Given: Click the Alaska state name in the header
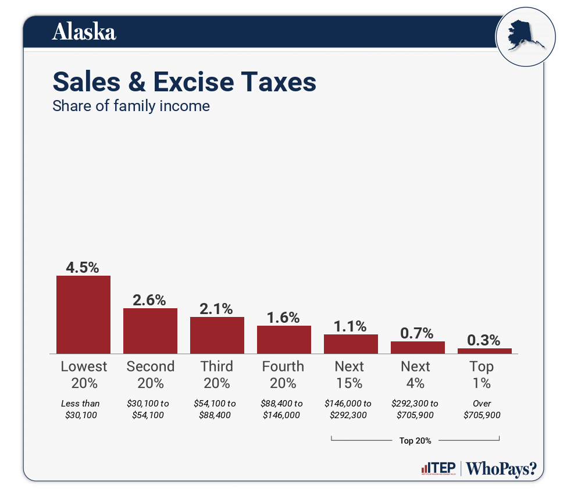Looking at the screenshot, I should pyautogui.click(x=84, y=32).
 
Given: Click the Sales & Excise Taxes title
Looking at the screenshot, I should pyautogui.click(x=184, y=82).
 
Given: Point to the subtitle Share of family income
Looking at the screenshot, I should pyautogui.click(x=131, y=106).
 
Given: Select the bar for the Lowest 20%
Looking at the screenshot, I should pyautogui.click(x=83, y=314).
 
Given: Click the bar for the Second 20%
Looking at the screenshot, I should pyautogui.click(x=150, y=330).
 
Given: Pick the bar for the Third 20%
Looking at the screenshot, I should pyautogui.click(x=217, y=335).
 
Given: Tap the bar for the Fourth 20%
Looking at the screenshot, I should pyautogui.click(x=284, y=339).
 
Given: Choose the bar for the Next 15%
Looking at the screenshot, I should pyautogui.click(x=351, y=344).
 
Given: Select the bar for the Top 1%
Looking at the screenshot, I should pyautogui.click(x=484, y=351).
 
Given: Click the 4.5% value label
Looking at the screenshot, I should pyautogui.click(x=83, y=268).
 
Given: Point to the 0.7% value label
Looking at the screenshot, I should pyautogui.click(x=417, y=333).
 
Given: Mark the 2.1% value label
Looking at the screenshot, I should pyautogui.click(x=216, y=309).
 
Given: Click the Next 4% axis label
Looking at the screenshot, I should pyautogui.click(x=415, y=375).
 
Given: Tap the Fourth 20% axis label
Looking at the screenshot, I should pyautogui.click(x=283, y=375).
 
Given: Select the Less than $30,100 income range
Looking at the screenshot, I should pyautogui.click(x=80, y=409).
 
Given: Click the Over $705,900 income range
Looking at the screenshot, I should pyautogui.click(x=482, y=409).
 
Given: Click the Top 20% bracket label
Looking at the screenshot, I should pyautogui.click(x=415, y=440).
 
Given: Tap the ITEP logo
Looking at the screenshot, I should pyautogui.click(x=437, y=469).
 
